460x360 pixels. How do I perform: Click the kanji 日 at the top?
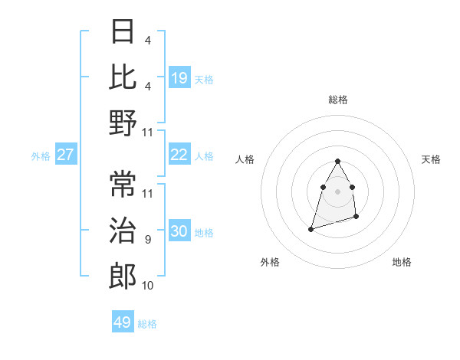click(123, 33)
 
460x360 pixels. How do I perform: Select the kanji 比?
click(123, 77)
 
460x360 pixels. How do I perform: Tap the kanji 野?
click(123, 123)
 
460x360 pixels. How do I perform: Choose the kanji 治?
click(123, 231)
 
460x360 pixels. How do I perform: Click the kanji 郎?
click(123, 276)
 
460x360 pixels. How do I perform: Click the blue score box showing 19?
click(179, 78)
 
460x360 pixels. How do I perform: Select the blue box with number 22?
click(179, 155)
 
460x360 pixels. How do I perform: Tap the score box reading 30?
click(179, 231)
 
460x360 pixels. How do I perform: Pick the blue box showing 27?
click(66, 155)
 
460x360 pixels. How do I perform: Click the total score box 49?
click(123, 322)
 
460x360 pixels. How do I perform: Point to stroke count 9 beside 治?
click(147, 240)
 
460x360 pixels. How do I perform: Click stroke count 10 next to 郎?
click(148, 286)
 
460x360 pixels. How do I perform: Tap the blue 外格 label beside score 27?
click(41, 156)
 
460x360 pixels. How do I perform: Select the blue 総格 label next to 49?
click(147, 324)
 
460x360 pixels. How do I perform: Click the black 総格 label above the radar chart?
click(338, 100)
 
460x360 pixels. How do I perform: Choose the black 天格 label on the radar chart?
click(432, 159)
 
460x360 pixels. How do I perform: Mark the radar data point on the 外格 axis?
click(310, 229)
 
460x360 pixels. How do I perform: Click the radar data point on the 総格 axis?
click(338, 162)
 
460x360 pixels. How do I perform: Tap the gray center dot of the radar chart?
click(338, 191)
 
